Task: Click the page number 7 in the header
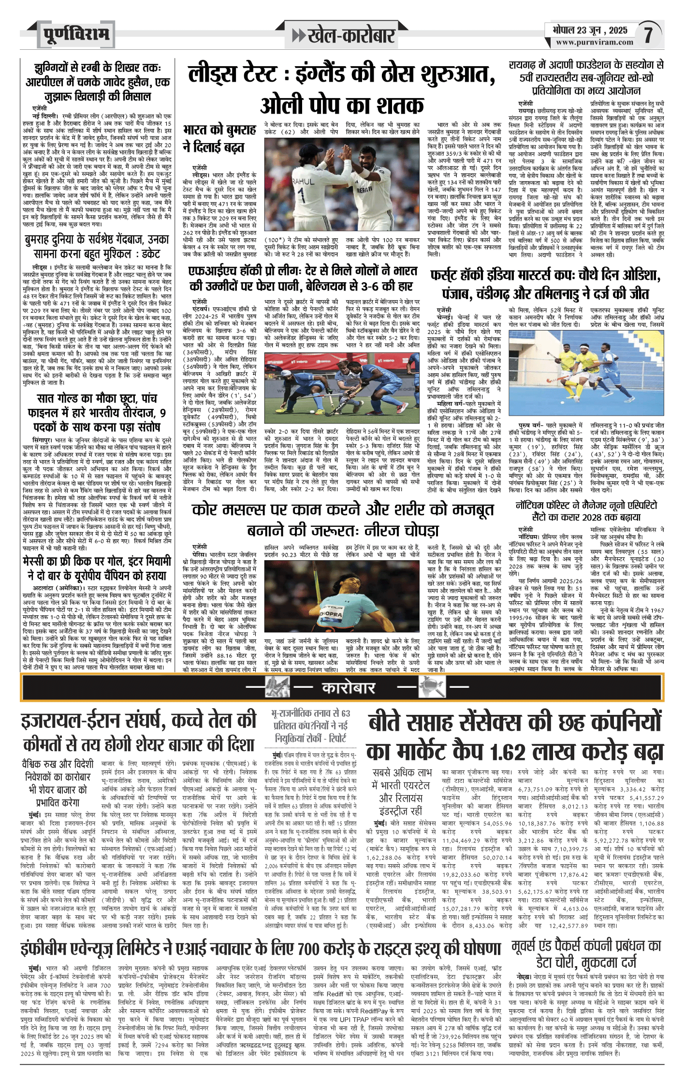tap(648, 34)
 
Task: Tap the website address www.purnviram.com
tap(594, 43)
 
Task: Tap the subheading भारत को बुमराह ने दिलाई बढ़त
tap(219, 138)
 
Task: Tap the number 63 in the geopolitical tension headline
tap(346, 713)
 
